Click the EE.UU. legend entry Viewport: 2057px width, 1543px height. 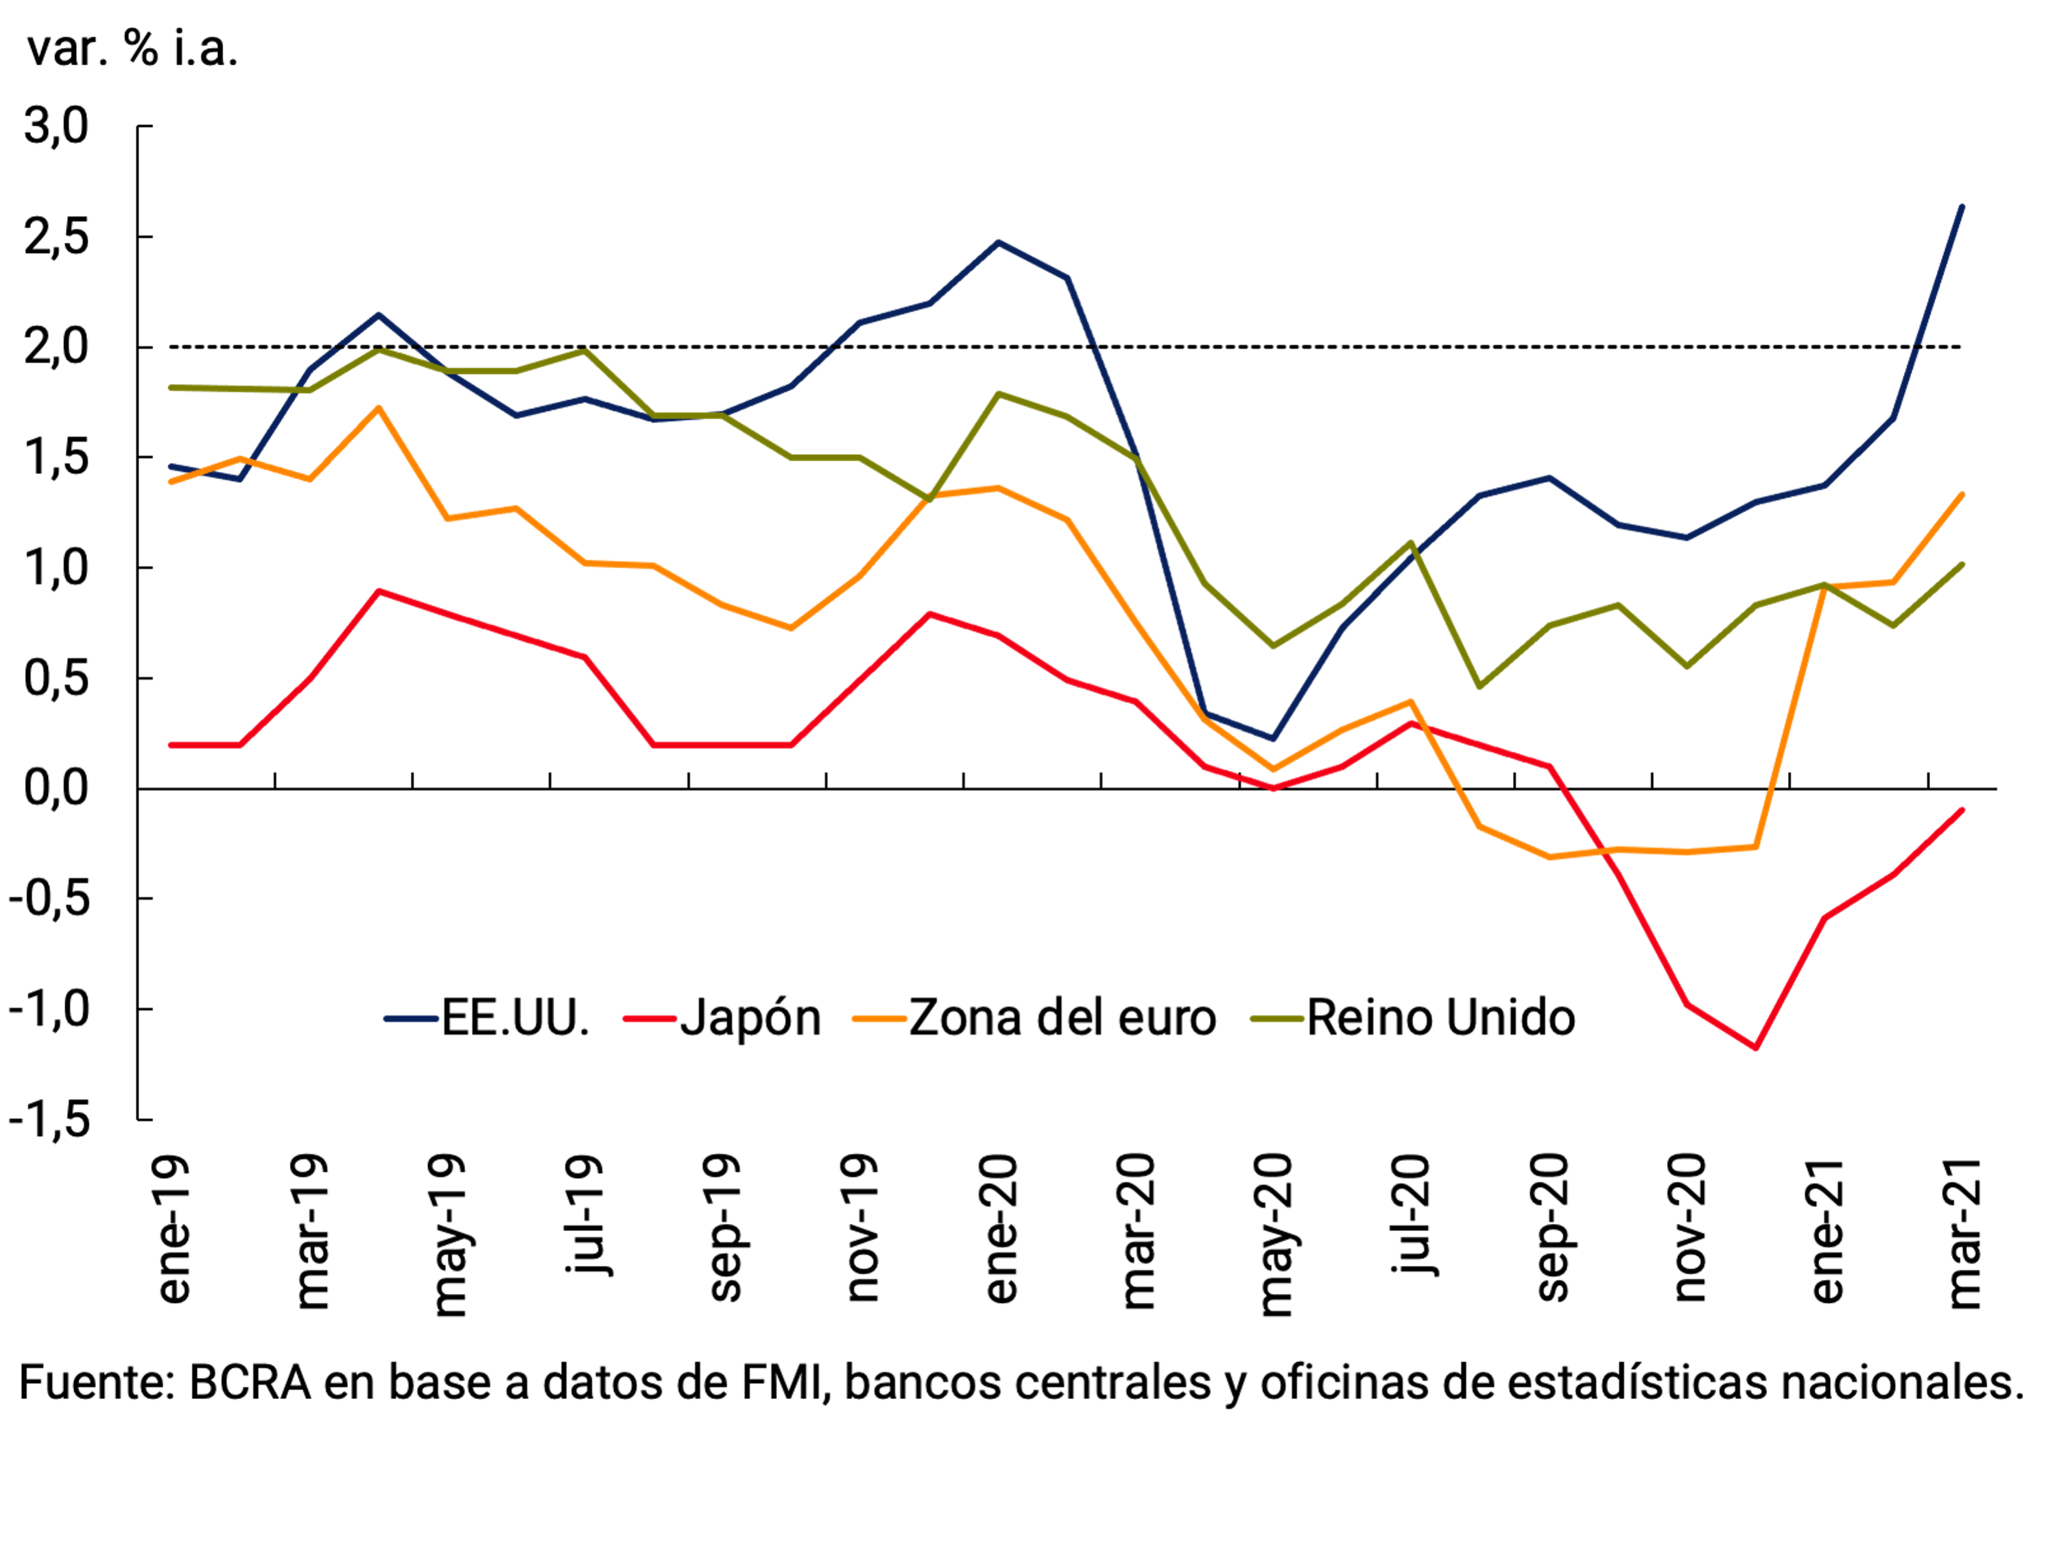point(514,1017)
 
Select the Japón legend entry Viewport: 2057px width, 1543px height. point(750,1017)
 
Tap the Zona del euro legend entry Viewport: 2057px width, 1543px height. point(1062,1017)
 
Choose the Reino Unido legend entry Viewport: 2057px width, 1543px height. point(1440,1017)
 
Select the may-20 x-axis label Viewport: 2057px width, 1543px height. point(1275,1235)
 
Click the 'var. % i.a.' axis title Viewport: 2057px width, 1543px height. point(132,48)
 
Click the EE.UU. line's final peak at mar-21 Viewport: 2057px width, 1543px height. point(1962,207)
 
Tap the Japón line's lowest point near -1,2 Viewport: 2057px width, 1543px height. point(1756,1048)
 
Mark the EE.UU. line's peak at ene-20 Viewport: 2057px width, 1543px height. point(998,243)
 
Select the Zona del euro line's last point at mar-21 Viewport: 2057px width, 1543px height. point(1962,494)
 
